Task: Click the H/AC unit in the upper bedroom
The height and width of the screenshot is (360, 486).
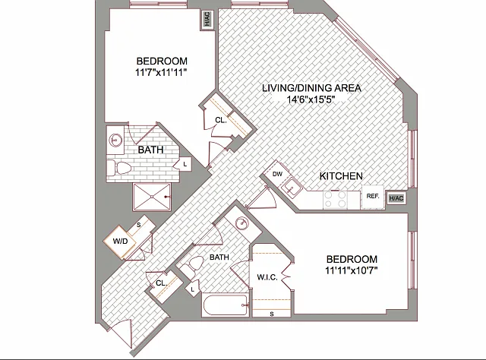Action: (207, 20)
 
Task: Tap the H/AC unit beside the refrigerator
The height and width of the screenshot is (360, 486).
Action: (396, 198)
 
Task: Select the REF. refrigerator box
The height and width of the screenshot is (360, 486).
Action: (373, 196)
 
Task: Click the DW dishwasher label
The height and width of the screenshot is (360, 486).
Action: (277, 174)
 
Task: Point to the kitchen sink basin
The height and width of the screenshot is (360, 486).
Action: (291, 187)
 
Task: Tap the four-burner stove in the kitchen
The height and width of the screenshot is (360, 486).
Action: (335, 200)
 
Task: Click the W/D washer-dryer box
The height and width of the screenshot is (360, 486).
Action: (120, 241)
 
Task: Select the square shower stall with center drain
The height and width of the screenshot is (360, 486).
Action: (152, 197)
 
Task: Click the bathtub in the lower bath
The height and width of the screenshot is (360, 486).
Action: (226, 305)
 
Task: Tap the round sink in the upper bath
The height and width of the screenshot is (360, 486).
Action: (115, 141)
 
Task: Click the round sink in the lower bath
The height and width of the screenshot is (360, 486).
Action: (241, 223)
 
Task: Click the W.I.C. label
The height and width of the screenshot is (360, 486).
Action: (267, 277)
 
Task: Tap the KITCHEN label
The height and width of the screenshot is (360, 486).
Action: (341, 176)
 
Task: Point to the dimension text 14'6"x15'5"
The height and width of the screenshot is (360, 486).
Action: (311, 99)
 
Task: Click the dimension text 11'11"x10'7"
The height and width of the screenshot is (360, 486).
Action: (351, 270)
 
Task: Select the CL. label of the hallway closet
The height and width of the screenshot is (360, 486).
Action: (162, 283)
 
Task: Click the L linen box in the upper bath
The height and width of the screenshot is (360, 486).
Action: (185, 164)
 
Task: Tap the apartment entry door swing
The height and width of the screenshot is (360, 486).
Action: (121, 334)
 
